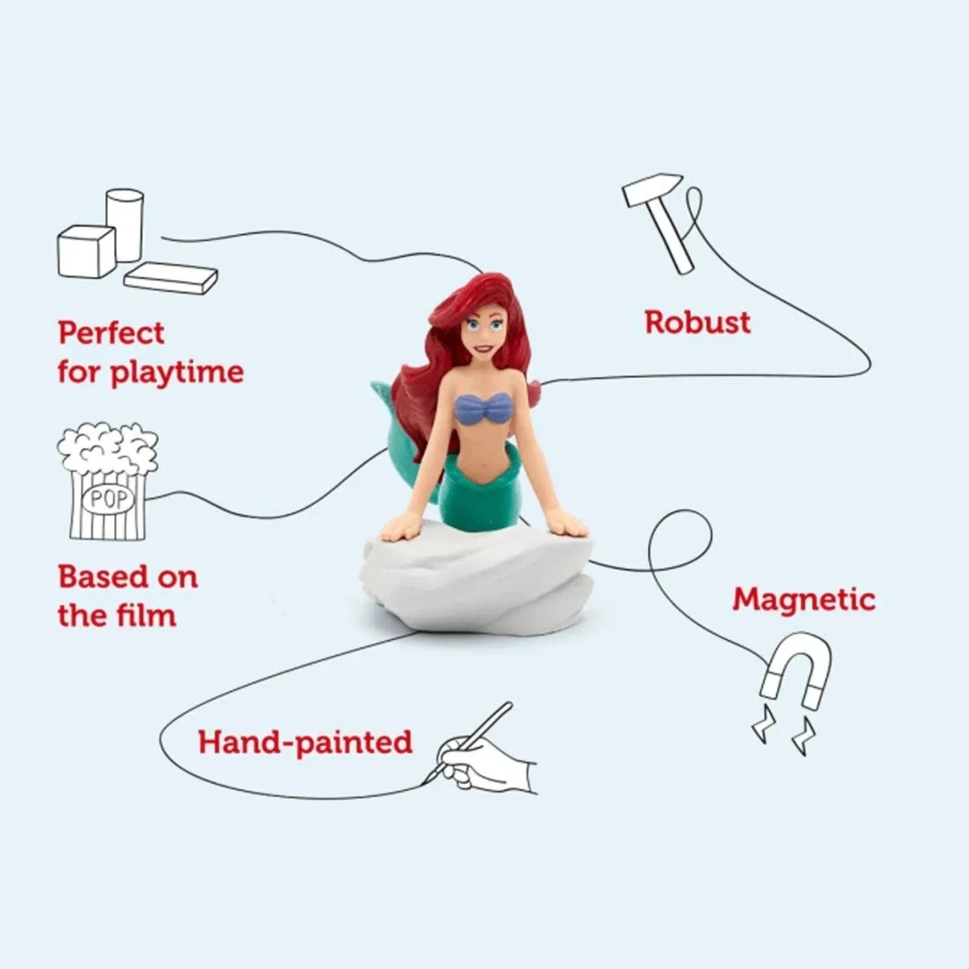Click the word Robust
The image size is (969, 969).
697,322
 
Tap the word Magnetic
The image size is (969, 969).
804,600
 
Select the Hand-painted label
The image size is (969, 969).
305,742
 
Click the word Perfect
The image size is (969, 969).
111,333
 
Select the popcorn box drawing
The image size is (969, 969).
108,481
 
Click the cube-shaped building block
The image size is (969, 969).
86,251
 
